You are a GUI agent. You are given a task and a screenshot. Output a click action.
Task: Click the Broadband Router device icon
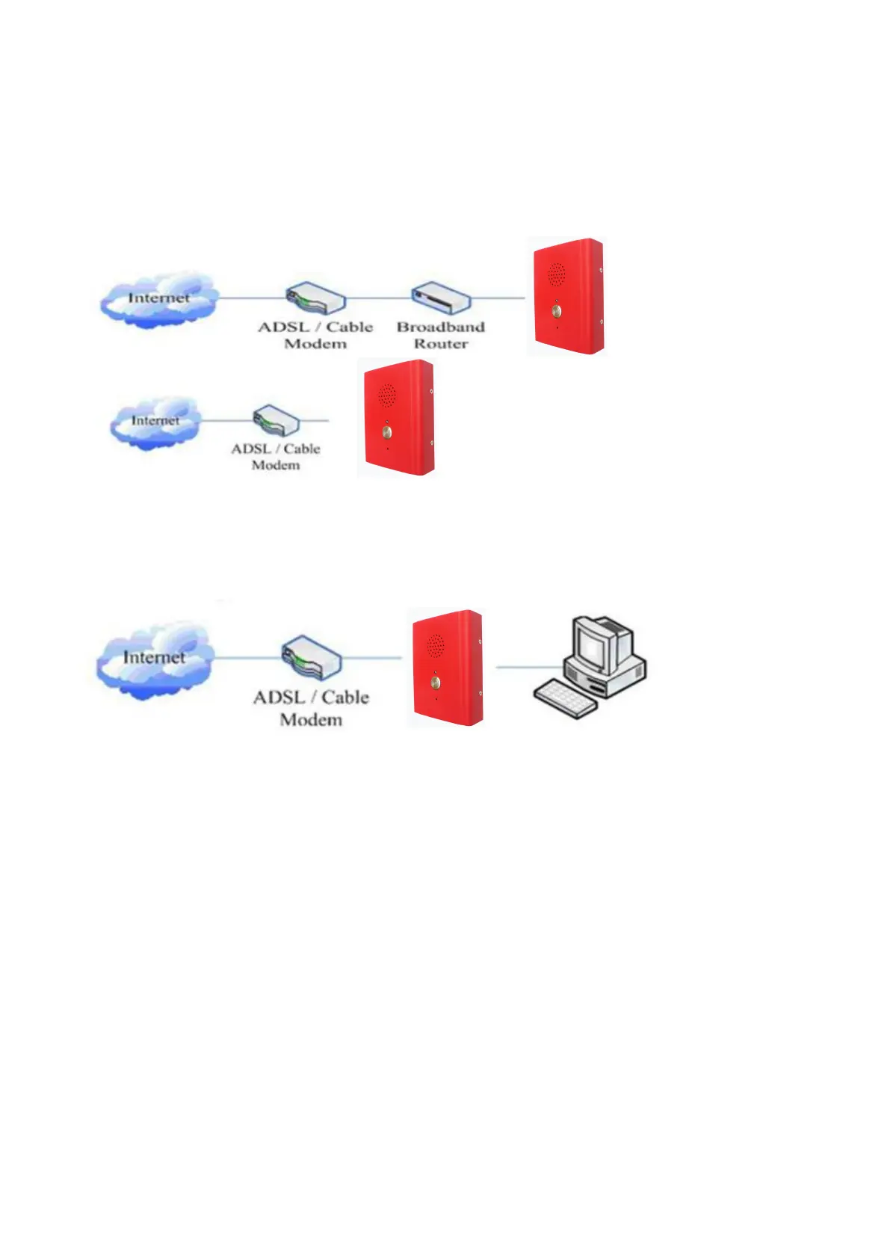click(442, 298)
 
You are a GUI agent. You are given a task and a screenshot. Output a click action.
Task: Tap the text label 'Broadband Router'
click(440, 336)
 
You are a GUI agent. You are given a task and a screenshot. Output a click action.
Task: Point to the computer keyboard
click(565, 698)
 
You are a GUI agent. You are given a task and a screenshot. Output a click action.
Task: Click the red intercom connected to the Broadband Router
click(567, 297)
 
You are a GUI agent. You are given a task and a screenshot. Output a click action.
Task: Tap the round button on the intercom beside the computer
click(436, 683)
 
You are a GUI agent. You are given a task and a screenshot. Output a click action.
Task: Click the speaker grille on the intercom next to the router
click(555, 274)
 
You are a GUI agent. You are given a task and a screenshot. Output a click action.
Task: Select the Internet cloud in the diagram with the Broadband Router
click(158, 299)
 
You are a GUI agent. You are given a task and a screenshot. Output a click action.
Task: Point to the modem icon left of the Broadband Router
click(316, 298)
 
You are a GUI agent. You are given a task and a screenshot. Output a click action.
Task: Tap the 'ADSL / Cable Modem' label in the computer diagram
click(311, 708)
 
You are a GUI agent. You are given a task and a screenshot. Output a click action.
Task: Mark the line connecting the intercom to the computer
click(529, 666)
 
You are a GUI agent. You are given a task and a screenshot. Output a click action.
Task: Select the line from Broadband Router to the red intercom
click(499, 298)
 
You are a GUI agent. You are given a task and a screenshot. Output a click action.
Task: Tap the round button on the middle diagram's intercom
click(386, 432)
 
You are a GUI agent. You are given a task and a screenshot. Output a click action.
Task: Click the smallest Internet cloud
click(155, 422)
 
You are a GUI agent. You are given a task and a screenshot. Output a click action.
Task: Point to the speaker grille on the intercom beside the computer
click(435, 644)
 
